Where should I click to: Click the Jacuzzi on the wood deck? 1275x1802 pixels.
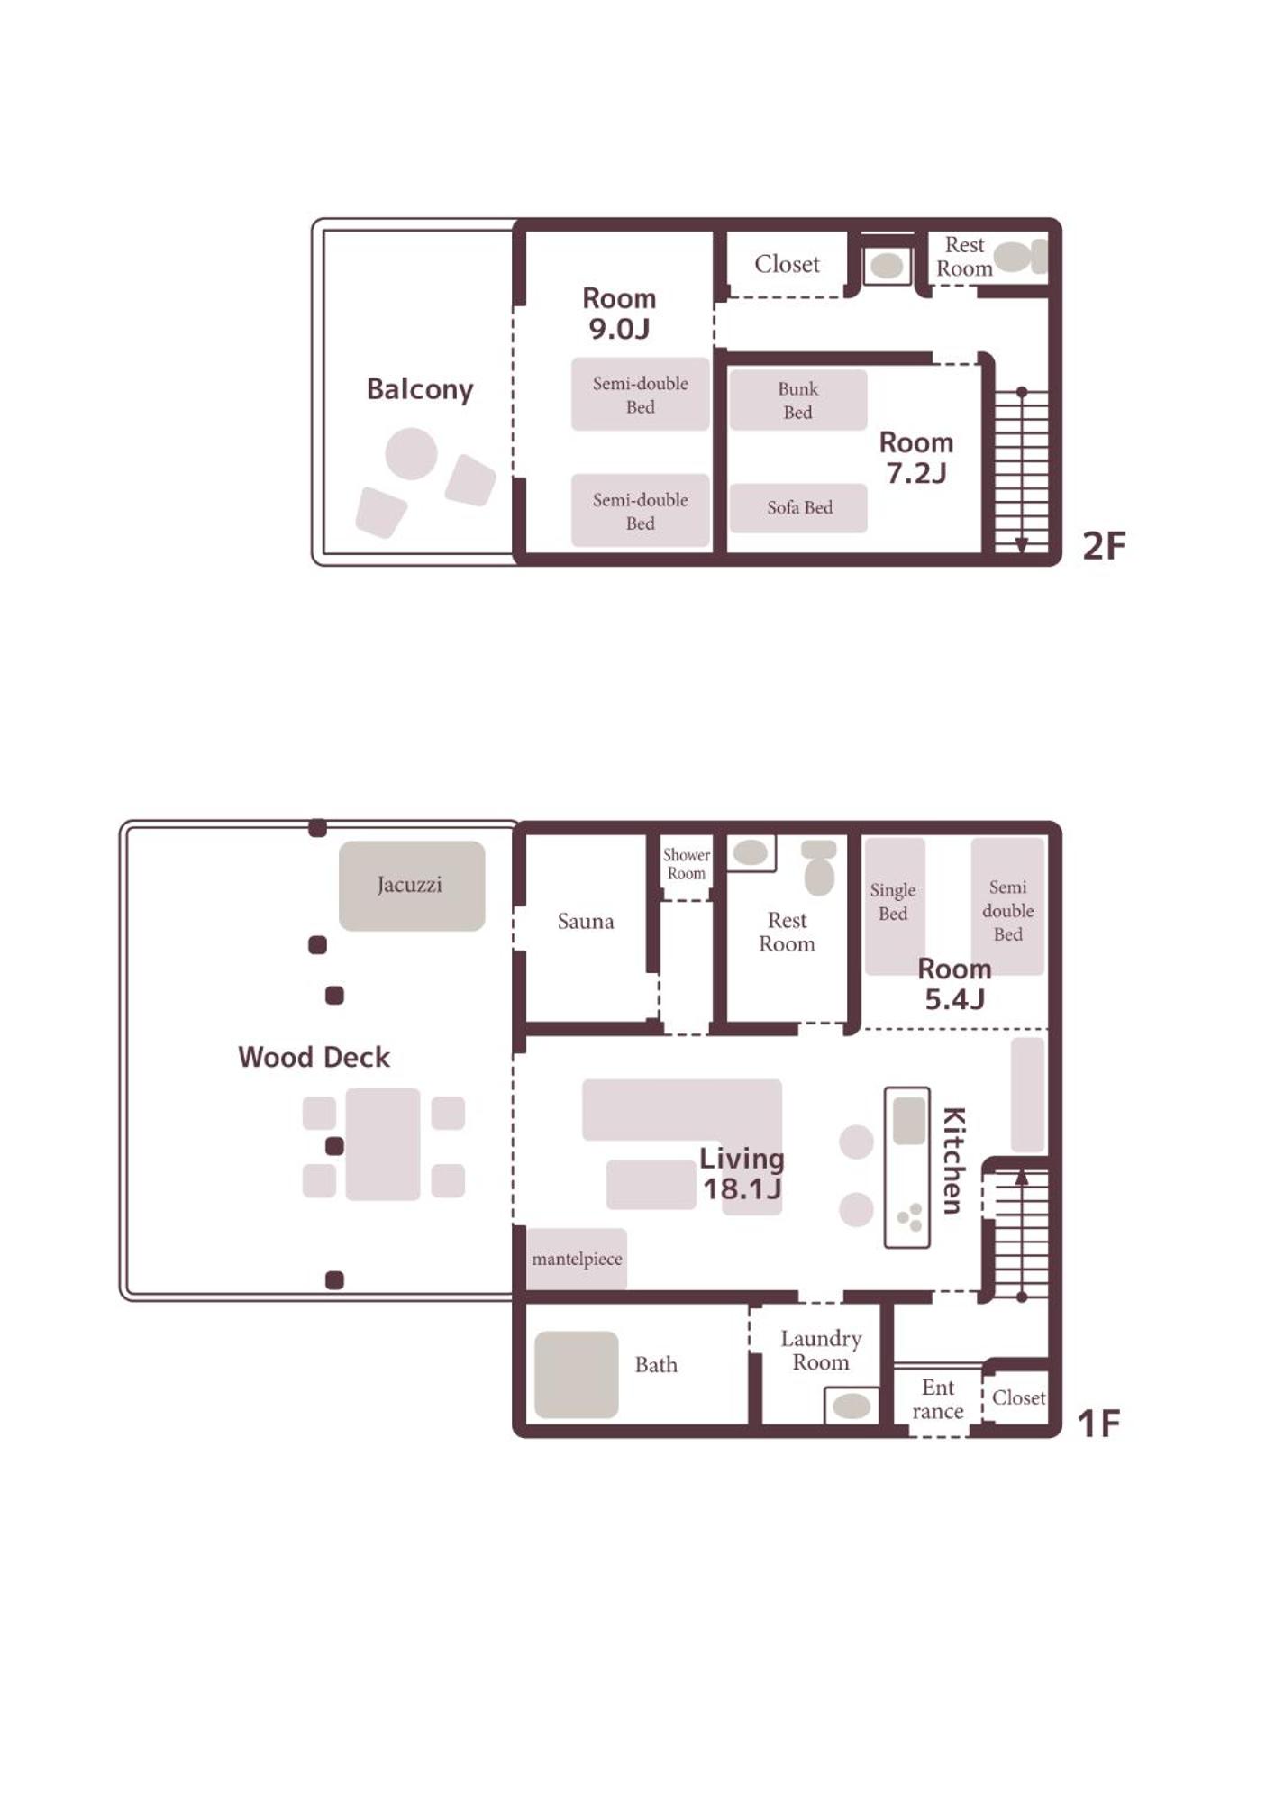click(x=412, y=885)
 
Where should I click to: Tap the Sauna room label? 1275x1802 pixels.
click(x=586, y=921)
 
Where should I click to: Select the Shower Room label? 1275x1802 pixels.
click(x=687, y=864)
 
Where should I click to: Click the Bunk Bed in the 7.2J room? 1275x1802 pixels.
click(x=798, y=400)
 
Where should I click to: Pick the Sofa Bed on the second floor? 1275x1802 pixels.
click(x=799, y=508)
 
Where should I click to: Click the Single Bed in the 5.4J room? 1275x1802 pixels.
click(x=895, y=906)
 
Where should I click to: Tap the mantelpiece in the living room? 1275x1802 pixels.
click(x=577, y=1260)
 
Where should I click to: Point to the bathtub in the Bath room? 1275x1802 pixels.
click(x=577, y=1374)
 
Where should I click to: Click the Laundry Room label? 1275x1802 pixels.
click(x=821, y=1350)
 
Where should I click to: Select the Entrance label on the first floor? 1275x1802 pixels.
click(x=938, y=1399)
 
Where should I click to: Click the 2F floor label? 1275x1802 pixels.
click(x=1104, y=546)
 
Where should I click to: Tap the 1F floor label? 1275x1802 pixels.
click(x=1099, y=1424)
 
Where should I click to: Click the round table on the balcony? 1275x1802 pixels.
click(x=412, y=453)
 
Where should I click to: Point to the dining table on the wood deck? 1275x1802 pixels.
click(x=383, y=1144)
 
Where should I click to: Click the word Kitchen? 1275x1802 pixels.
click(x=953, y=1160)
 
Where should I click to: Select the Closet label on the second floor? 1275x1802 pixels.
click(x=787, y=264)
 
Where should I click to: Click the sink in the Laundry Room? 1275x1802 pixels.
click(x=852, y=1406)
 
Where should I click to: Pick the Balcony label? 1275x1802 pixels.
click(x=420, y=389)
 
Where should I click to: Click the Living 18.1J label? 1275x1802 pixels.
click(x=742, y=1174)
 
